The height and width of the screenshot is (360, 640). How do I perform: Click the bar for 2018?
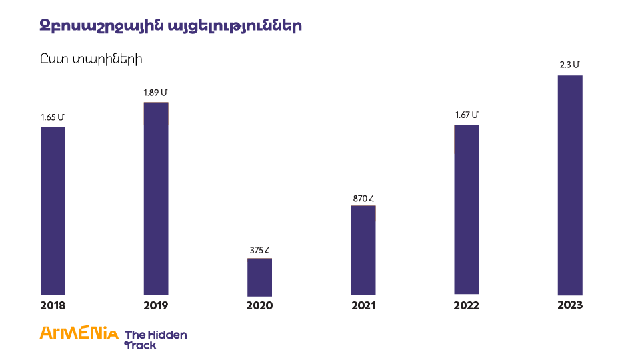click(x=53, y=210)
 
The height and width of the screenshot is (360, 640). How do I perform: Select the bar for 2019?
click(x=156, y=198)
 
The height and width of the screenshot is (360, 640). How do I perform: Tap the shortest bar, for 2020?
click(x=259, y=277)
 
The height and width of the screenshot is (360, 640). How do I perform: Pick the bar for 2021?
click(x=363, y=250)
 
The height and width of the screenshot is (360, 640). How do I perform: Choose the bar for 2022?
click(x=466, y=209)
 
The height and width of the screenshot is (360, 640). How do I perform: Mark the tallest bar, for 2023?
click(x=570, y=185)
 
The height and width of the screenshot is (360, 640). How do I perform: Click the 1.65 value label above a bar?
click(x=53, y=117)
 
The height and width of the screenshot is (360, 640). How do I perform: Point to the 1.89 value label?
click(x=156, y=93)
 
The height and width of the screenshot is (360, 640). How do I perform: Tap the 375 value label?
click(x=259, y=251)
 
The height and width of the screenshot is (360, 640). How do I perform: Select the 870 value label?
click(x=363, y=198)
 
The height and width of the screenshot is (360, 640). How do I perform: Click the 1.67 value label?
click(x=467, y=115)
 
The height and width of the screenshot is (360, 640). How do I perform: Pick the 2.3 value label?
click(x=570, y=65)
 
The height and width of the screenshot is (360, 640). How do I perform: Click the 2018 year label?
click(x=53, y=306)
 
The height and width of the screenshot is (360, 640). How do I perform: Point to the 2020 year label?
click(x=259, y=306)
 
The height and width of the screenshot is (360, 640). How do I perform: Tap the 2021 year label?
click(x=363, y=306)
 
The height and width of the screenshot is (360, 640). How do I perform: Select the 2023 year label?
click(x=570, y=305)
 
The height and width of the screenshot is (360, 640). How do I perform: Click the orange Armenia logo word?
click(x=79, y=333)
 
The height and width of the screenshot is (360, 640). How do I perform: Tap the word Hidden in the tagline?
click(x=169, y=335)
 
